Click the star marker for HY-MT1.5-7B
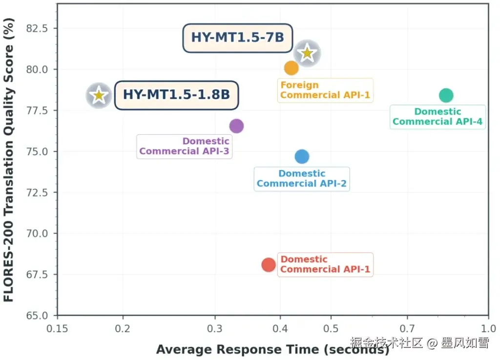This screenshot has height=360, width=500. point(307,53)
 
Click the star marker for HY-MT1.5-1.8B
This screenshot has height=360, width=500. point(99,95)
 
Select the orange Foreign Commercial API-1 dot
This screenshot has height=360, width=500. point(291,68)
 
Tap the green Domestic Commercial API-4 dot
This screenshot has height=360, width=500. point(446,95)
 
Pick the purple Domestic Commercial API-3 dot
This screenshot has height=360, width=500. point(236,126)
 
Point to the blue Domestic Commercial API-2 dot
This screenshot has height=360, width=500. point(302,157)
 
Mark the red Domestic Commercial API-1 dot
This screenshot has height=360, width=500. point(269,265)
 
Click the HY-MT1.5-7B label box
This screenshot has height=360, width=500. point(237,38)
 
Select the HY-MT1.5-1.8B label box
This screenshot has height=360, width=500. point(176,94)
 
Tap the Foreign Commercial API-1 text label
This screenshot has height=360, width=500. point(325,90)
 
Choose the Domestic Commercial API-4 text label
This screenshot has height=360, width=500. point(437,117)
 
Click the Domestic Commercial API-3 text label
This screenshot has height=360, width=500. point(184,146)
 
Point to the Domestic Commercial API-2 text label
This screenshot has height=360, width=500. point(302,178)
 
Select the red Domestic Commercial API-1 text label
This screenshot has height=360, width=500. point(325,264)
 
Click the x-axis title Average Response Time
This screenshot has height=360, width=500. point(272,349)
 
